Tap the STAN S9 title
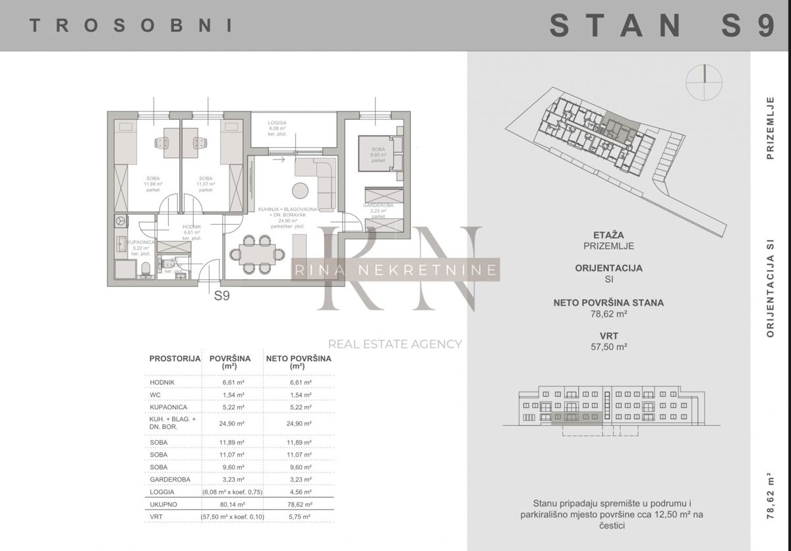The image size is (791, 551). point(662,26)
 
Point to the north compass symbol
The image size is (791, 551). point(704,82)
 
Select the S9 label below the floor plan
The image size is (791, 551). point(222,296)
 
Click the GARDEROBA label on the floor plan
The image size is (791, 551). point(378,206)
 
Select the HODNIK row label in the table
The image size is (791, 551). point(162,381)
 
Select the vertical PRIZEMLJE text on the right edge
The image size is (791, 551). point(769,128)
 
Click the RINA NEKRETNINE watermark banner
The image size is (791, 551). point(395,269)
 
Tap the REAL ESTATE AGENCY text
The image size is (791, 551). point(395,343)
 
